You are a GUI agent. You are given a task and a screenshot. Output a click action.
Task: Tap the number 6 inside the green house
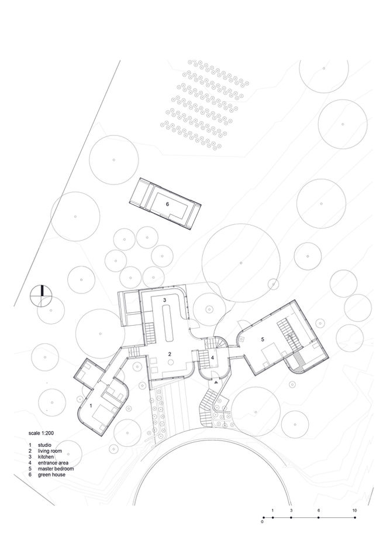(167, 204)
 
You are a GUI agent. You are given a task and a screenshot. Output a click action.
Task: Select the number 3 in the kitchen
(165, 300)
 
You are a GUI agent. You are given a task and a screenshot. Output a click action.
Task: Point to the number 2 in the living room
(169, 354)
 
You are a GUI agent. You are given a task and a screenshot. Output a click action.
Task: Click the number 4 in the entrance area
(213, 357)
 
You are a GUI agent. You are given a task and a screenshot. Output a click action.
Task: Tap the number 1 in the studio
(91, 404)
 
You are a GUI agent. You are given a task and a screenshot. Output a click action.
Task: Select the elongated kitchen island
(170, 325)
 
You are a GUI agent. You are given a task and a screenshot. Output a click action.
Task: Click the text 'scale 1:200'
(43, 433)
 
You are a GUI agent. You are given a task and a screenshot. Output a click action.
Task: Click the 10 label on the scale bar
(354, 510)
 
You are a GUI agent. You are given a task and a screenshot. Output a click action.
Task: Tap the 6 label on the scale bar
(318, 510)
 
